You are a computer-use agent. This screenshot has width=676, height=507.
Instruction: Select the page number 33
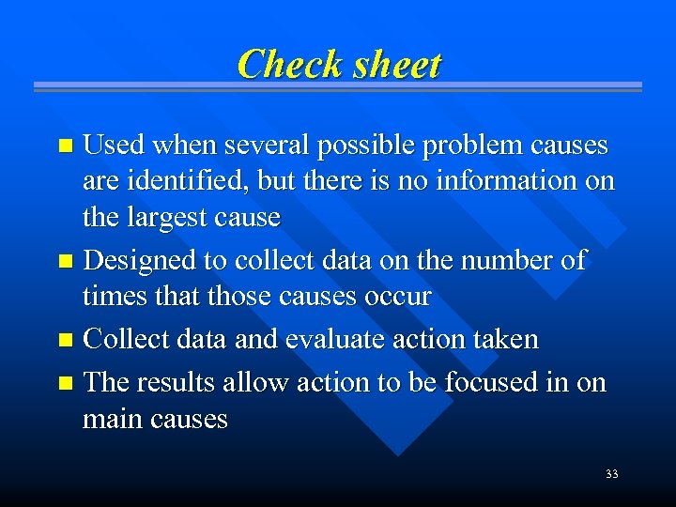point(611,474)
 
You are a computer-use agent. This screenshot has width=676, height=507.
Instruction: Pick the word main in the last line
point(109,419)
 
